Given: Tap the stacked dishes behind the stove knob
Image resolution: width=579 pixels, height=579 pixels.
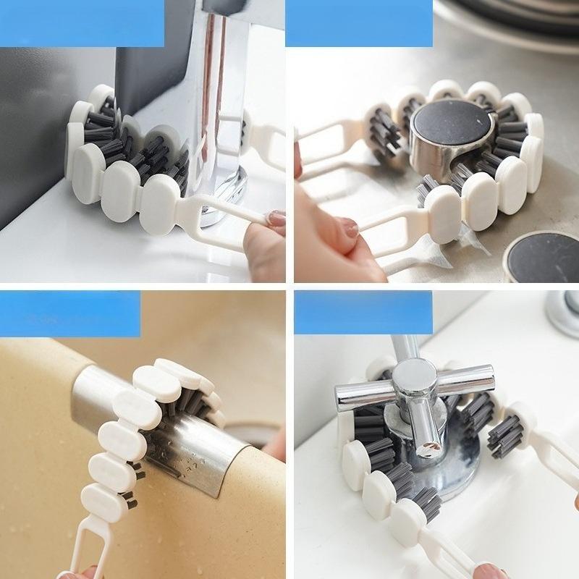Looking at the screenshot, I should [507, 22].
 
